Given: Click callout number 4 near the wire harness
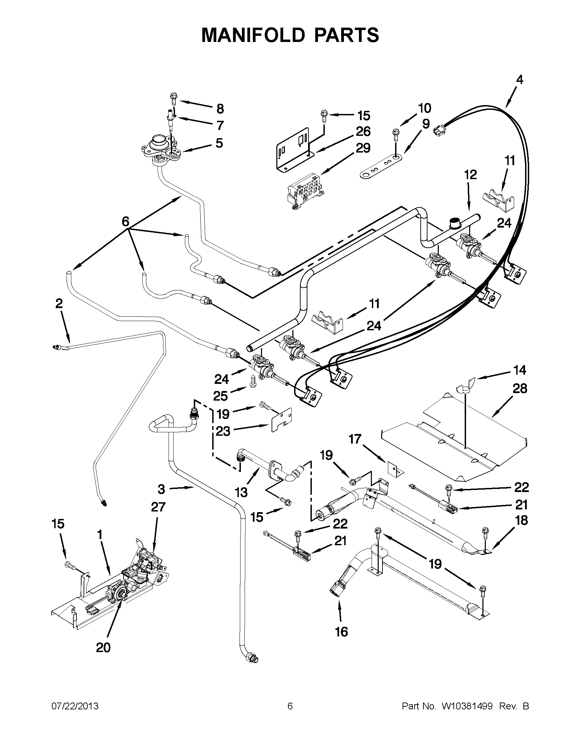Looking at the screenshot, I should [x=520, y=80].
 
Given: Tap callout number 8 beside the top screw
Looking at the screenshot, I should [x=220, y=109].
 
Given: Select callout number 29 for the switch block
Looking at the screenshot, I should [x=363, y=148].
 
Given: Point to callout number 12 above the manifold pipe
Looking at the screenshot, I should [x=471, y=175].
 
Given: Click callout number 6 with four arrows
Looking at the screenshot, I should [x=126, y=221].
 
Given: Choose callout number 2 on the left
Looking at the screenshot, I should [x=59, y=303].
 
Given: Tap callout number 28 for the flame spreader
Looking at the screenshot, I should [x=520, y=389].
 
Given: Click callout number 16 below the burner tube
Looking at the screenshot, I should [x=342, y=632].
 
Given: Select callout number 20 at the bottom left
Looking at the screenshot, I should [x=103, y=648].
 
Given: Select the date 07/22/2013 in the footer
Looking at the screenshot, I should [x=75, y=706].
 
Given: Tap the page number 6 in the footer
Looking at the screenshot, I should [x=290, y=706].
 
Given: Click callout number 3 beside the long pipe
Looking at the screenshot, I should [x=162, y=489].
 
